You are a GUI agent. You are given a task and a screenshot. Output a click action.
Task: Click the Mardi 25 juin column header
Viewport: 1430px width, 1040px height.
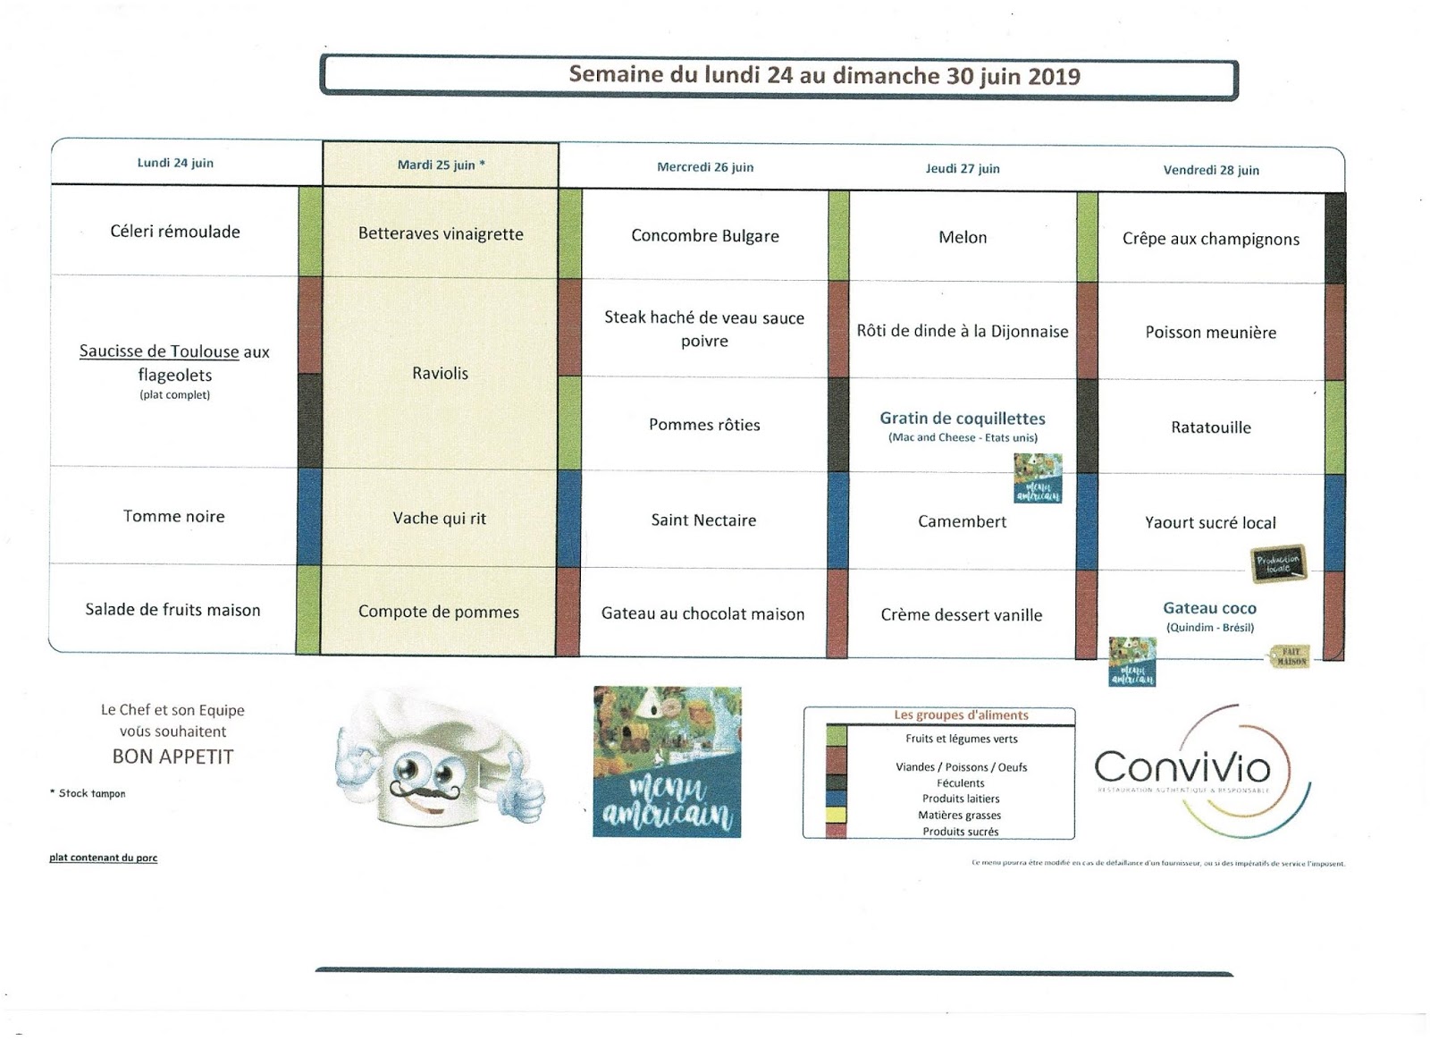click(x=441, y=165)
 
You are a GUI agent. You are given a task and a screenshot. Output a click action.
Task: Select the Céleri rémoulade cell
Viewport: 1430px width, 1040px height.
click(x=175, y=232)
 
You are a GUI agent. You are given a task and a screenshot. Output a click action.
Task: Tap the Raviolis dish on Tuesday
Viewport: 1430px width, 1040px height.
click(x=440, y=374)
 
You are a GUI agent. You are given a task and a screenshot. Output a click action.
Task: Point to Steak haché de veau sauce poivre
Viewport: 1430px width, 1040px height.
click(x=704, y=329)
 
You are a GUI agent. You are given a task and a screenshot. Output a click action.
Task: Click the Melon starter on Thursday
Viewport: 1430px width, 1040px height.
click(x=963, y=238)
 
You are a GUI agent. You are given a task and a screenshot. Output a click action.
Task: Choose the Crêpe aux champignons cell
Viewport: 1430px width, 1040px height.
click(x=1211, y=240)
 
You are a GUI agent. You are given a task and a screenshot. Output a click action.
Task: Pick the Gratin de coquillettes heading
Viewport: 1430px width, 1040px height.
click(x=963, y=419)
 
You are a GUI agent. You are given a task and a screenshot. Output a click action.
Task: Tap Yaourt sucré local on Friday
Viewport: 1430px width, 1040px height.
click(x=1210, y=523)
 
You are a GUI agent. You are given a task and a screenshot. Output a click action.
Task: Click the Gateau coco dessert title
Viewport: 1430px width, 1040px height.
click(x=1209, y=609)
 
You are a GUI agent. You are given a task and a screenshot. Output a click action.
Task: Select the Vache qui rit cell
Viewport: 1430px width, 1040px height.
click(x=439, y=519)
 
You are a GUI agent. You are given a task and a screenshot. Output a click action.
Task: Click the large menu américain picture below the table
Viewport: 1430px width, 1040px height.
click(x=667, y=762)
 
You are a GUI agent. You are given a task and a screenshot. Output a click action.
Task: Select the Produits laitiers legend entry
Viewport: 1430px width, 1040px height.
click(x=961, y=799)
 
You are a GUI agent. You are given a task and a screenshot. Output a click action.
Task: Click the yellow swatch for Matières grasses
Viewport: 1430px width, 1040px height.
click(x=837, y=815)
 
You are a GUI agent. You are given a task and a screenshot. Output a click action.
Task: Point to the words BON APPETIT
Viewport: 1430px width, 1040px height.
click(x=172, y=757)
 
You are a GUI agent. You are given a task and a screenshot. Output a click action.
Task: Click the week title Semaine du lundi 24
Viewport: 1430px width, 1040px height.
click(x=824, y=76)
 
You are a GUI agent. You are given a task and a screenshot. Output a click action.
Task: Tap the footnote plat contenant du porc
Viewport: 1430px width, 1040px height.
click(x=104, y=858)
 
